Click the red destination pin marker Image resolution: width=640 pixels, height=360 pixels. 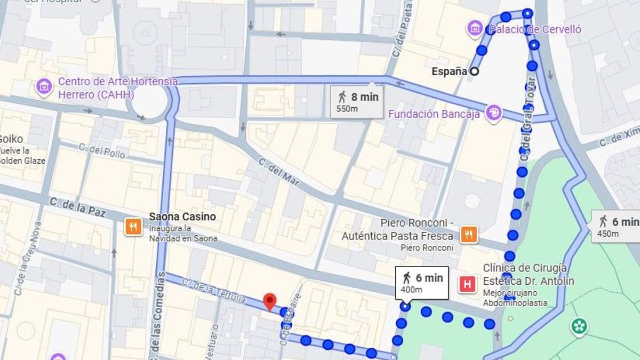270,302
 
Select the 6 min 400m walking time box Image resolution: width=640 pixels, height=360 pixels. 422,283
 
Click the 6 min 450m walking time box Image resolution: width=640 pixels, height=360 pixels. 616,226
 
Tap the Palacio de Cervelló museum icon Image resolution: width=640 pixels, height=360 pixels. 474,29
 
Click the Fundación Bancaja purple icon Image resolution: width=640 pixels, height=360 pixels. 494,113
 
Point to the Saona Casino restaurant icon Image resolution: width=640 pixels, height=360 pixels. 133,227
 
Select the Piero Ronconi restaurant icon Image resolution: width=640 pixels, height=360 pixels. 468,235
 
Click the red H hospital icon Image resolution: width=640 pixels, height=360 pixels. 467,285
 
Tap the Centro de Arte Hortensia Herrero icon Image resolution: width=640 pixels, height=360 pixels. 44,87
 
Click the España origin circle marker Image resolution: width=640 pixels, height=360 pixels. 474,71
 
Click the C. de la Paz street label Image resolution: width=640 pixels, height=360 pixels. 77,207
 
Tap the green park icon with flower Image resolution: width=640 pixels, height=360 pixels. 579,326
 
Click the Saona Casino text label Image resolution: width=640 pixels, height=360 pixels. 182,217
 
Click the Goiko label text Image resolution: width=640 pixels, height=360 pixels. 11,138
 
